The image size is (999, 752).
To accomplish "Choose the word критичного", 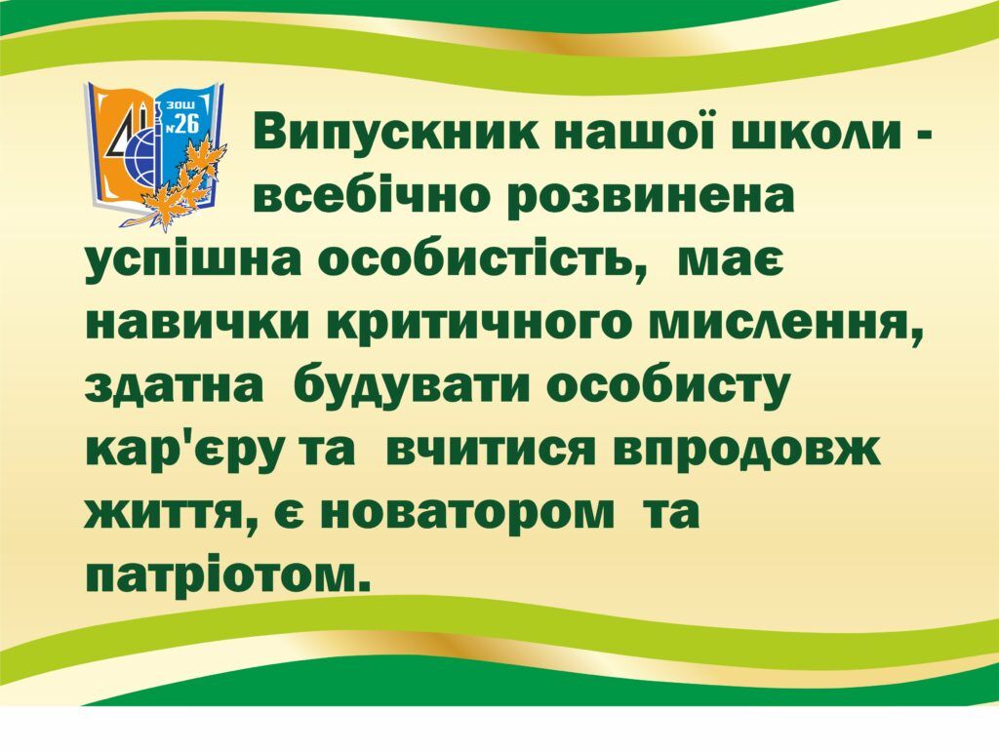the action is pos(490,328).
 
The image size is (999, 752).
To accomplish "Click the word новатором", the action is pos(464,513).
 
